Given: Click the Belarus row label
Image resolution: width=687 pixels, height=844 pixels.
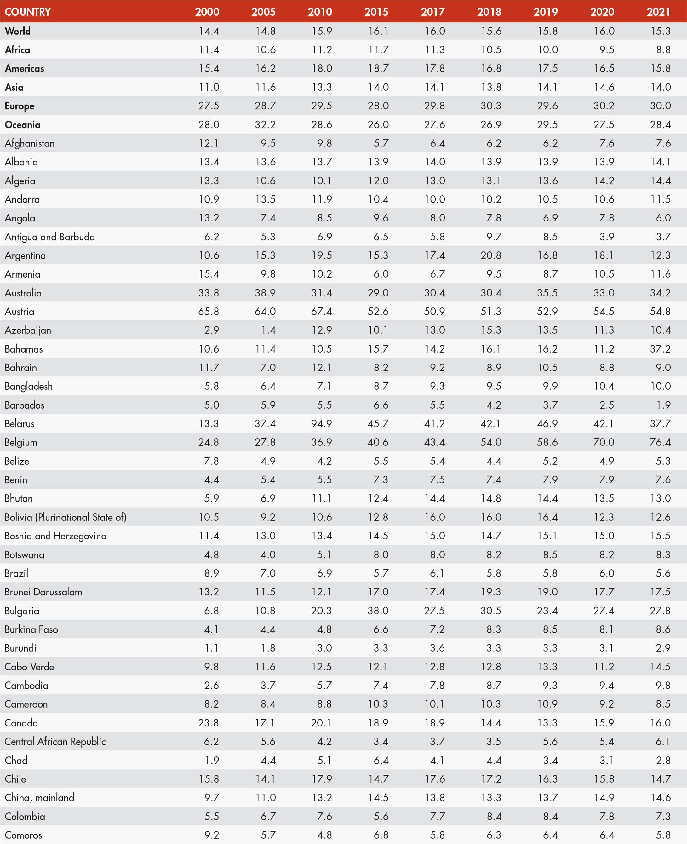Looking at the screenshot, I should click(x=20, y=424).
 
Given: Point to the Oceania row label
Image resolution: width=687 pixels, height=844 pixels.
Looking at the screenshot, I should click(x=23, y=125).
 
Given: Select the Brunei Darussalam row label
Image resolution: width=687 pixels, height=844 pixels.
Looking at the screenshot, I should click(x=43, y=592).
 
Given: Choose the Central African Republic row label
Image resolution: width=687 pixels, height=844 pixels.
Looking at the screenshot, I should click(x=55, y=742).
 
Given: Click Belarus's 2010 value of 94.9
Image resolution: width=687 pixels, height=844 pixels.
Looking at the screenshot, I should click(x=321, y=424).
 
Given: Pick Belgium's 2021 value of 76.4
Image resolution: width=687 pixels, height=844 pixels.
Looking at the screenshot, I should click(x=660, y=442).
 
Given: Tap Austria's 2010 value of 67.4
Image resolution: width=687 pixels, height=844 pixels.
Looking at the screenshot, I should click(x=321, y=311).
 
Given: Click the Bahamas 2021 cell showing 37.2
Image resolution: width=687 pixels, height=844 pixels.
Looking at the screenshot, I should click(x=660, y=349).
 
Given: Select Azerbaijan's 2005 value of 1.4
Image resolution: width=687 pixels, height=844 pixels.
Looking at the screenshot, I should click(x=268, y=330).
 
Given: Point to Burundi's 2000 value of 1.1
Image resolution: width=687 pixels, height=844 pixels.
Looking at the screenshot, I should click(x=211, y=648).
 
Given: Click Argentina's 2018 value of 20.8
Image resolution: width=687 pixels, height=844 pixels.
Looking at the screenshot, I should click(x=491, y=255).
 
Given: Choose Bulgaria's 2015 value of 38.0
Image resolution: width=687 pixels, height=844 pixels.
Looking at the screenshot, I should click(x=378, y=611).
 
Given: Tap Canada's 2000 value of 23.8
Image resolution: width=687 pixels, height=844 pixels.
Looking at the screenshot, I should click(x=209, y=723).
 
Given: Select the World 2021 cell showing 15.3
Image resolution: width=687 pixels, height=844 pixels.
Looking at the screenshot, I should click(x=660, y=31).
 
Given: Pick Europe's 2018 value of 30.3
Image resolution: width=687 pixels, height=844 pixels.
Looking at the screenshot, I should click(x=491, y=106).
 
